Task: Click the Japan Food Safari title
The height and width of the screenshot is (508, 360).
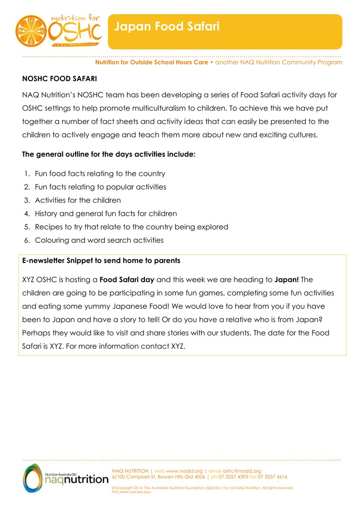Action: (x=166, y=27)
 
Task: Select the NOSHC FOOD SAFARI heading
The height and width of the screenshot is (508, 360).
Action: (x=59, y=79)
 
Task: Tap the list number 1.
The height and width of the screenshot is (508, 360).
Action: (x=27, y=174)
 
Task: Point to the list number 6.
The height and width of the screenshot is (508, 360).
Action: (x=27, y=240)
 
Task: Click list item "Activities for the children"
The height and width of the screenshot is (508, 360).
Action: (x=78, y=200)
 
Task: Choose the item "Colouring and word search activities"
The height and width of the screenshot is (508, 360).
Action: (x=99, y=240)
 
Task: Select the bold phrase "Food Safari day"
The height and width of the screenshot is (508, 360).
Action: (x=127, y=280)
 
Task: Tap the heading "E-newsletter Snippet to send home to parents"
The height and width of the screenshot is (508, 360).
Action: (x=101, y=260)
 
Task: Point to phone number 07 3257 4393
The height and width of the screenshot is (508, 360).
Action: (x=234, y=477)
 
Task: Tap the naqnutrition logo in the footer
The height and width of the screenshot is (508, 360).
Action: (x=66, y=478)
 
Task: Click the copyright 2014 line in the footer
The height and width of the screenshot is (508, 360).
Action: (x=202, y=488)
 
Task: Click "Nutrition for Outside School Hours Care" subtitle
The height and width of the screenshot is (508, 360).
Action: (x=151, y=62)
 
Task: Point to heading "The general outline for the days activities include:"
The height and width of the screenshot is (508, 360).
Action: (x=109, y=154)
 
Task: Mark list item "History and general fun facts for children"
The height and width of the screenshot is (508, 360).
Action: (x=106, y=214)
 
